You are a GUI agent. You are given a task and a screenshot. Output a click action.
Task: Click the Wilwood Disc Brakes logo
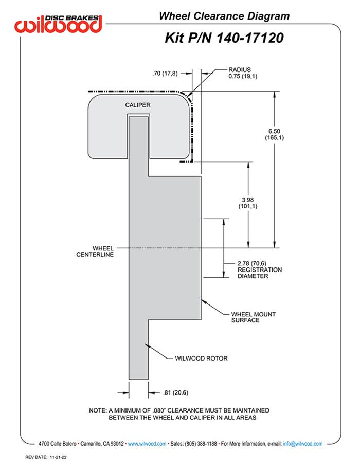click(x=59, y=23)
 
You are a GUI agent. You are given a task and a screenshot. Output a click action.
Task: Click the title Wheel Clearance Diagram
click(x=224, y=16)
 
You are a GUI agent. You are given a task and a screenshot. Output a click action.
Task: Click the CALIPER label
click(x=138, y=105)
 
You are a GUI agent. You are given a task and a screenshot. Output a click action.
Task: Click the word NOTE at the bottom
click(x=98, y=410)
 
